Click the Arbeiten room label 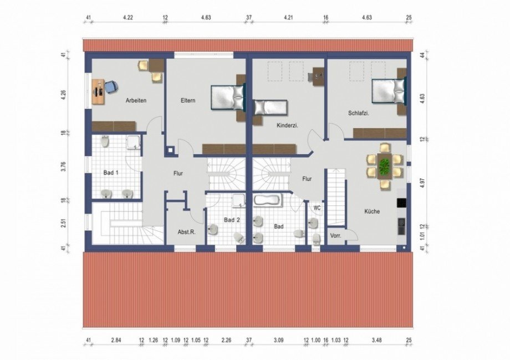click(136, 100)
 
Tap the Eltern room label click(188, 100)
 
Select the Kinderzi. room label click(288, 125)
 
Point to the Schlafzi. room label click(359, 113)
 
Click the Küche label click(372, 211)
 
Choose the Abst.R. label click(187, 232)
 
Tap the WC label click(317, 208)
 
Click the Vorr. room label click(336, 235)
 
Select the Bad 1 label click(111, 173)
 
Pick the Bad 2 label click(232, 220)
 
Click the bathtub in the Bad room click(268, 200)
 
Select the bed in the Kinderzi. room click(271, 107)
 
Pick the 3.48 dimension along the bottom click(376, 340)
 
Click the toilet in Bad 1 click(105, 141)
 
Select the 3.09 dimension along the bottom click(278, 340)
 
